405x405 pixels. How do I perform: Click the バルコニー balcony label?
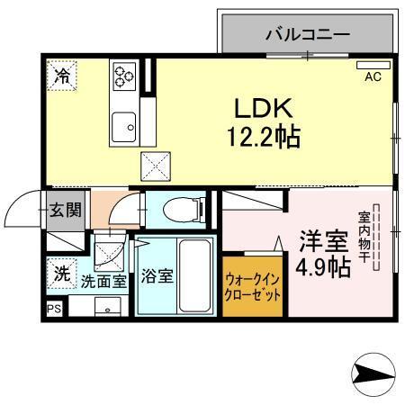[x=306, y=36]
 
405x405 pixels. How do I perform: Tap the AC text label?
[x=373, y=76]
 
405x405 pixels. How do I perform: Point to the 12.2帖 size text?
[x=262, y=137]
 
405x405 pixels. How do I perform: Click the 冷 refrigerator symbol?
[x=62, y=76]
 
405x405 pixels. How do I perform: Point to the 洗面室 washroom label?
[x=103, y=281]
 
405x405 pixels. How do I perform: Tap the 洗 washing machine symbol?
[x=61, y=274]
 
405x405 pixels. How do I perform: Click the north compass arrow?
[x=373, y=372]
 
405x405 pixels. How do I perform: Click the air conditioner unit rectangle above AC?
[x=373, y=66]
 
